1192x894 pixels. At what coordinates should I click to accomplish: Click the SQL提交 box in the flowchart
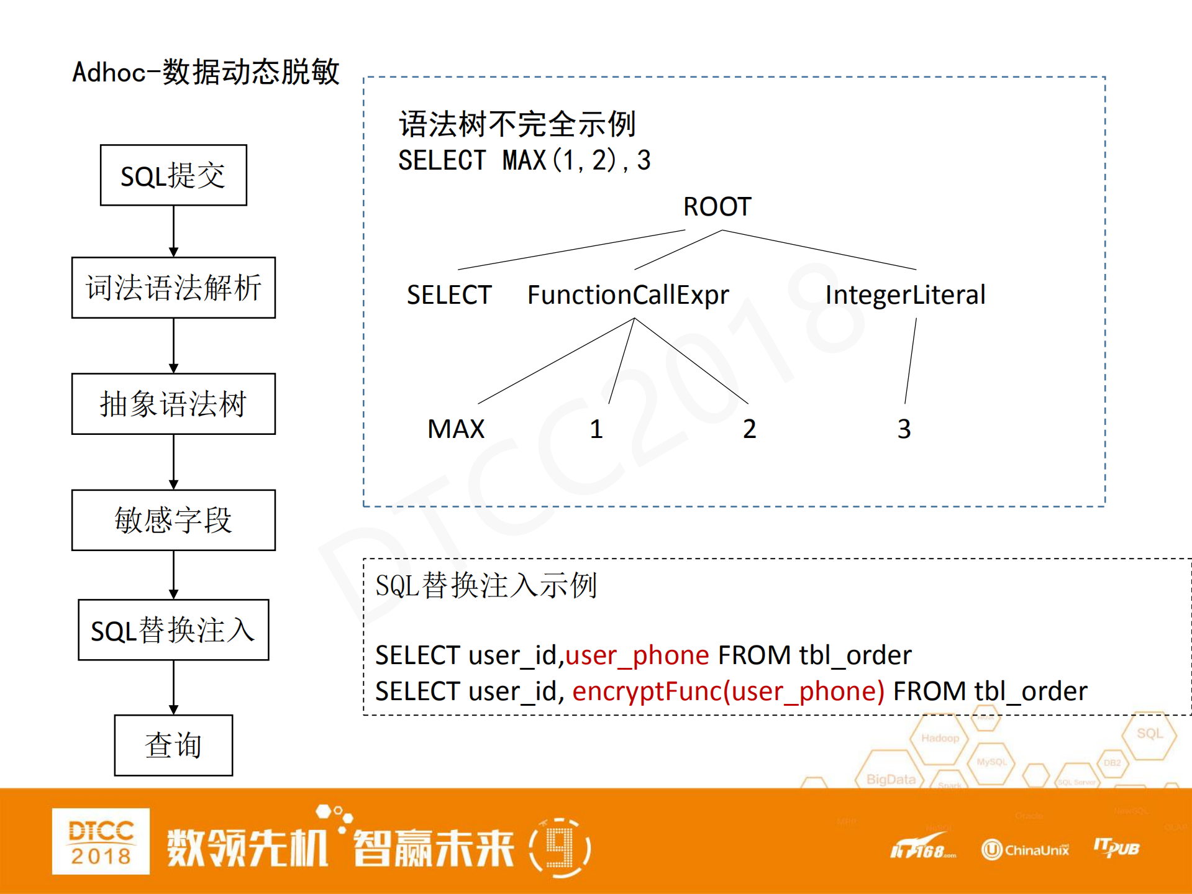[173, 175]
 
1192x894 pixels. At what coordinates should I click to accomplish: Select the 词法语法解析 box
[173, 288]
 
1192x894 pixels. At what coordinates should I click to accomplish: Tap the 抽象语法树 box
[173, 404]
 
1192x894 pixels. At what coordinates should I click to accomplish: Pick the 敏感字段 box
[173, 520]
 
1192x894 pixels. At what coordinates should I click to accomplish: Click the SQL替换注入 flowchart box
[173, 630]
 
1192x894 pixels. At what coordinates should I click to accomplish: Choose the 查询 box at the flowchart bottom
[173, 745]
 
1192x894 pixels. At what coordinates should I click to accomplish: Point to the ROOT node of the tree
[717, 207]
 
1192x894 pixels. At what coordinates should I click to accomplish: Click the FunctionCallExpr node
[628, 295]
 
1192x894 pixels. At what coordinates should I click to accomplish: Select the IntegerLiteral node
[905, 295]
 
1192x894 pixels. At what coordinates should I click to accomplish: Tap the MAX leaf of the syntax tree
[456, 429]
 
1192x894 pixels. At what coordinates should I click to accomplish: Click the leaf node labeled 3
[904, 429]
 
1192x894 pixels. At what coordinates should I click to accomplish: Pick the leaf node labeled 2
[749, 429]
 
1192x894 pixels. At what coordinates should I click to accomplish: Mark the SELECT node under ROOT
[449, 295]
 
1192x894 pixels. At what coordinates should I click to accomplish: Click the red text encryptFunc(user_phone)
[728, 691]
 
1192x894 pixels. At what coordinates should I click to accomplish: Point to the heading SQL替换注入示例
[486, 585]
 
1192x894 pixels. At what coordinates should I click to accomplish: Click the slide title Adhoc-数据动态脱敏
[206, 72]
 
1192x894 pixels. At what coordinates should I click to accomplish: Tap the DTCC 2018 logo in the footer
[101, 841]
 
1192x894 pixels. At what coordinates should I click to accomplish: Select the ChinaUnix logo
[1025, 849]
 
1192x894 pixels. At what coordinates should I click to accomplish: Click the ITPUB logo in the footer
[1116, 847]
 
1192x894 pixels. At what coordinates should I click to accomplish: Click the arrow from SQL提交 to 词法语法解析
[173, 231]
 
